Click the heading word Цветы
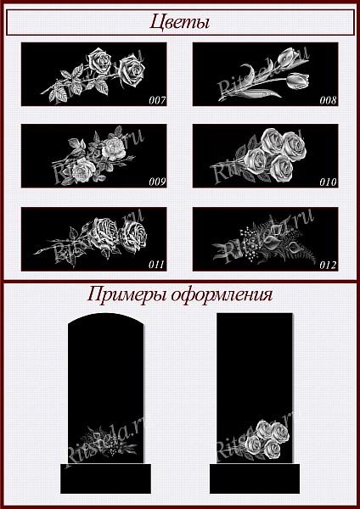pos(179,23)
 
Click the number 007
pos(158,100)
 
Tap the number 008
pos(328,100)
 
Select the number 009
pos(158,182)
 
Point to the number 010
pos(328,182)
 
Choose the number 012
pos(328,265)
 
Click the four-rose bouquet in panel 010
pos(260,155)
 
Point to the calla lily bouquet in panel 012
pos(265,241)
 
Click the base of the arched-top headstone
pos(105,478)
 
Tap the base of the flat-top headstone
pos(255,478)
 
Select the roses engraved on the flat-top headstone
pos(265,439)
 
